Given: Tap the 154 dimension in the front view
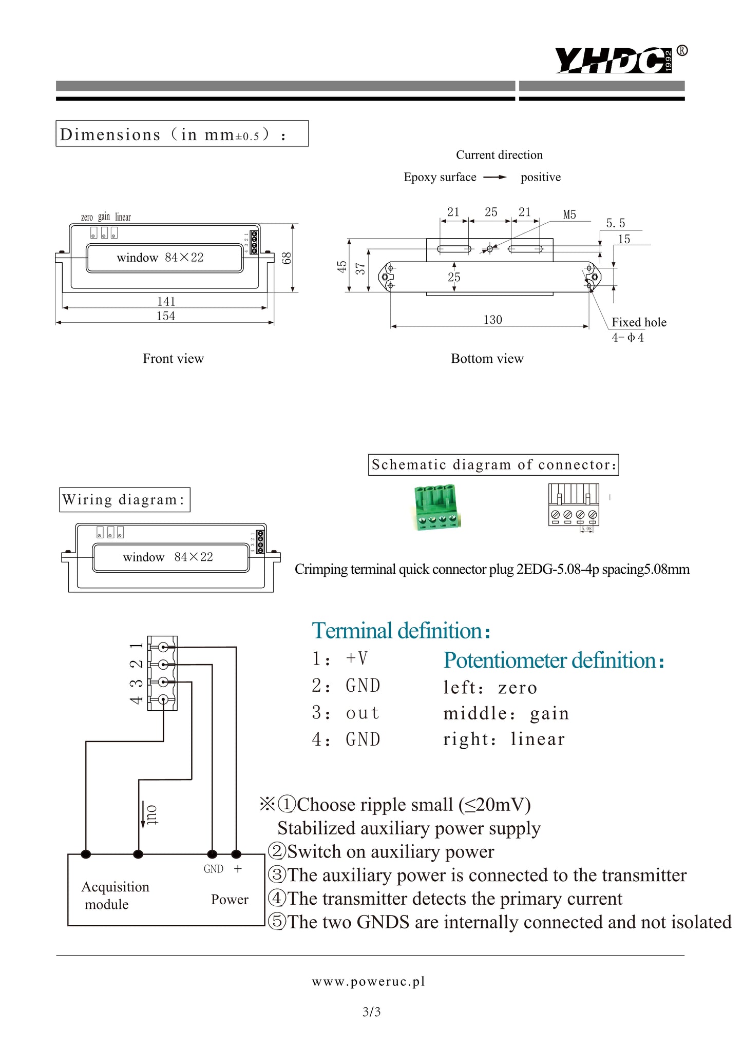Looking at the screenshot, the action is coord(166,316).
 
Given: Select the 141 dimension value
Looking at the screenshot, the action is coord(166,302).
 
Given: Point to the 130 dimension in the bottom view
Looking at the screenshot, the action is coord(492,320).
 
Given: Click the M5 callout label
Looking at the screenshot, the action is coord(569,215).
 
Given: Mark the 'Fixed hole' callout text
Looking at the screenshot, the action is coord(639,322).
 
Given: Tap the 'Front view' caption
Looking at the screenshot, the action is coord(173,358).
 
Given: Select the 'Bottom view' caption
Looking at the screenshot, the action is coord(487,358).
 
